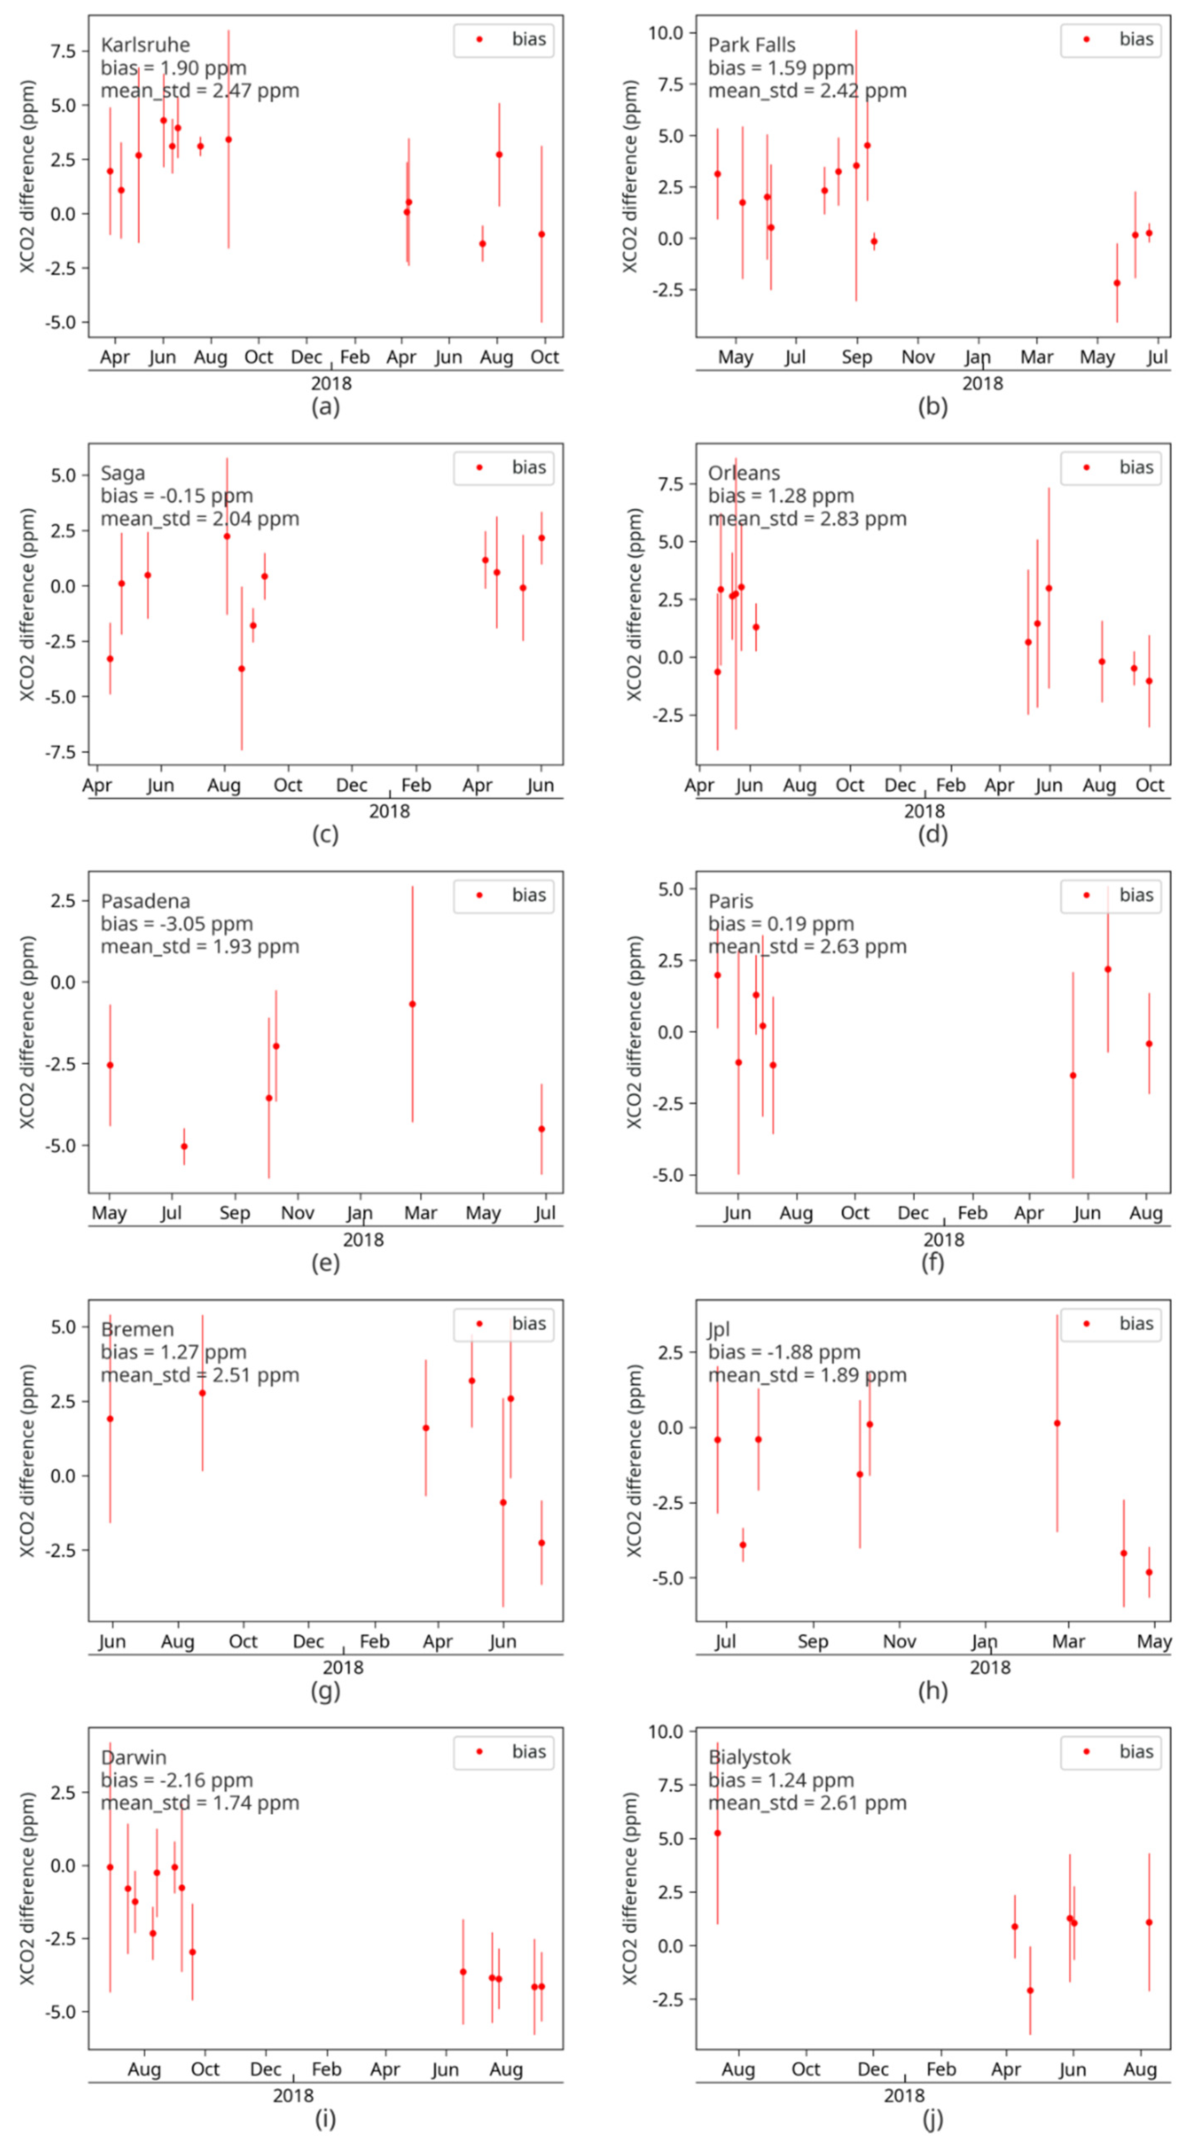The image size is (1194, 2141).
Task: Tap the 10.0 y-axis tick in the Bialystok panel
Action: [665, 1731]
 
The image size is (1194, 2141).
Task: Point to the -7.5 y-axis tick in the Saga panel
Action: [60, 752]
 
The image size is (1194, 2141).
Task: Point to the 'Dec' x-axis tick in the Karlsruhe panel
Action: [306, 357]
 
